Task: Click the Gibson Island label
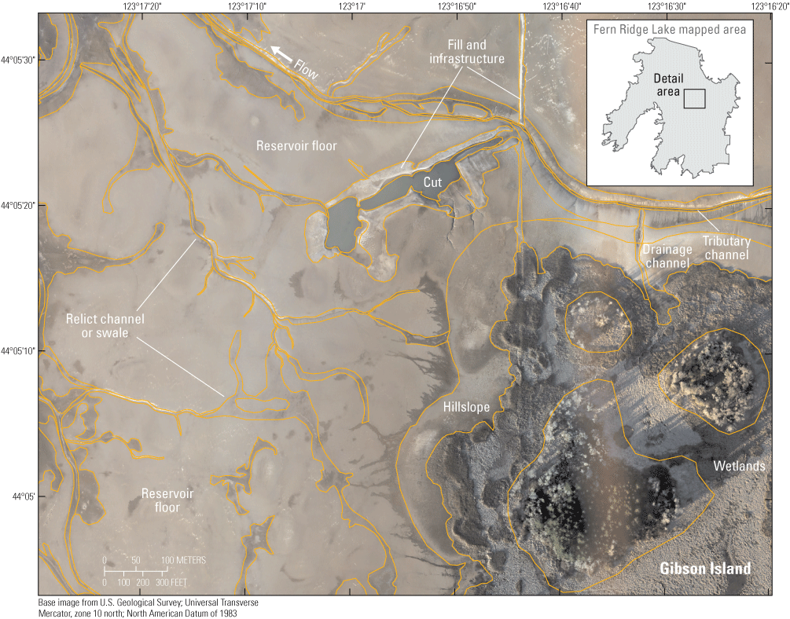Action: click(x=705, y=569)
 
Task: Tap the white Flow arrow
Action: click(x=282, y=53)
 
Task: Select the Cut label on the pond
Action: click(x=432, y=181)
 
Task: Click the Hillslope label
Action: click(x=465, y=408)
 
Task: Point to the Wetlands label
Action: click(x=739, y=467)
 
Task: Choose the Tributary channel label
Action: click(x=726, y=248)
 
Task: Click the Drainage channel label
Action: click(x=666, y=256)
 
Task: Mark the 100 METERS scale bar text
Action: click(x=184, y=560)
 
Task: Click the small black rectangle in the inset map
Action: click(x=693, y=98)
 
